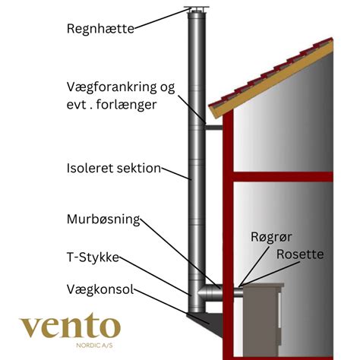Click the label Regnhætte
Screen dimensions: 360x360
[100, 29]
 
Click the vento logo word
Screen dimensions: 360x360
[70, 327]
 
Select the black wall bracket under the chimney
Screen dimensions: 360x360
[204, 319]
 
